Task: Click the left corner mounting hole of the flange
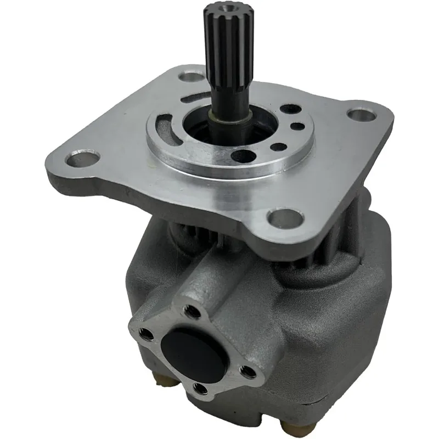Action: pyautogui.click(x=81, y=160)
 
